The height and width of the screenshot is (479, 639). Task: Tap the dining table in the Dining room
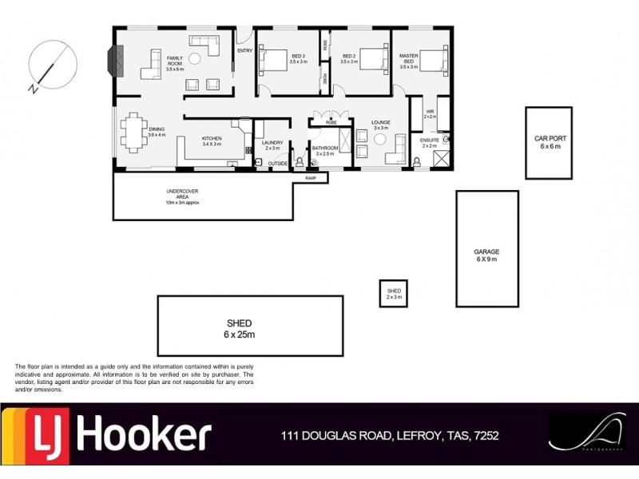pyautogui.click(x=134, y=129)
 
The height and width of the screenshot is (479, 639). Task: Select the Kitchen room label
pyautogui.click(x=212, y=141)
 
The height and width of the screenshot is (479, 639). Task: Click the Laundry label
pyautogui.click(x=273, y=144)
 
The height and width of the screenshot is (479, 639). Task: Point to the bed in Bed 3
pyautogui.click(x=273, y=58)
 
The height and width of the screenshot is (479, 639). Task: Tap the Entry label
pyautogui.click(x=244, y=51)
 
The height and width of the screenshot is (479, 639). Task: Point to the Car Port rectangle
pyautogui.click(x=548, y=143)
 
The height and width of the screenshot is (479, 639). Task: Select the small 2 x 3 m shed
pyautogui.click(x=394, y=293)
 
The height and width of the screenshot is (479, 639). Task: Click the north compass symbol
pyautogui.click(x=53, y=64)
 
